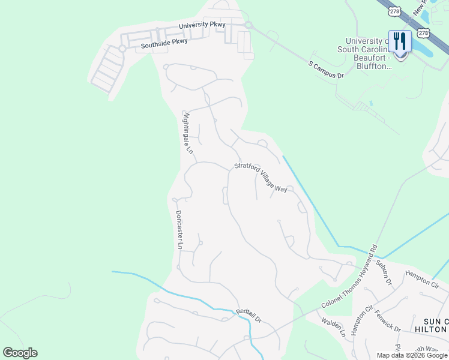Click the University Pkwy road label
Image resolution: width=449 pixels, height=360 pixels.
click(202, 25)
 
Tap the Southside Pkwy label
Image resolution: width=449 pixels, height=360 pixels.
click(164, 43)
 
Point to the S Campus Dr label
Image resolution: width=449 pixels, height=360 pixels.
click(326, 70)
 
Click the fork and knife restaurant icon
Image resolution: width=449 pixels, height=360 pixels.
click(400, 41)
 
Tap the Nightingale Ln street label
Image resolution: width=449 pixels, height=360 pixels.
click(188, 133)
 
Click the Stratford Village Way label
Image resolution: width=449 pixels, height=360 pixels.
click(261, 177)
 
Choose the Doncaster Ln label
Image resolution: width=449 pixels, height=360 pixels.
click(178, 229)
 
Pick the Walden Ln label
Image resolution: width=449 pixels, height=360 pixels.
click(333, 327)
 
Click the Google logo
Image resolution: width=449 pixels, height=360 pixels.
click(20, 353)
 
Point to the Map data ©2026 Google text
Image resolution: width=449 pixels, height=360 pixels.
click(412, 355)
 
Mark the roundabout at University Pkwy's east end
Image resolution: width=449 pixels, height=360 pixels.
click(247, 25)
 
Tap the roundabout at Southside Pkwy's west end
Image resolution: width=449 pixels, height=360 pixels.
click(122, 49)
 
